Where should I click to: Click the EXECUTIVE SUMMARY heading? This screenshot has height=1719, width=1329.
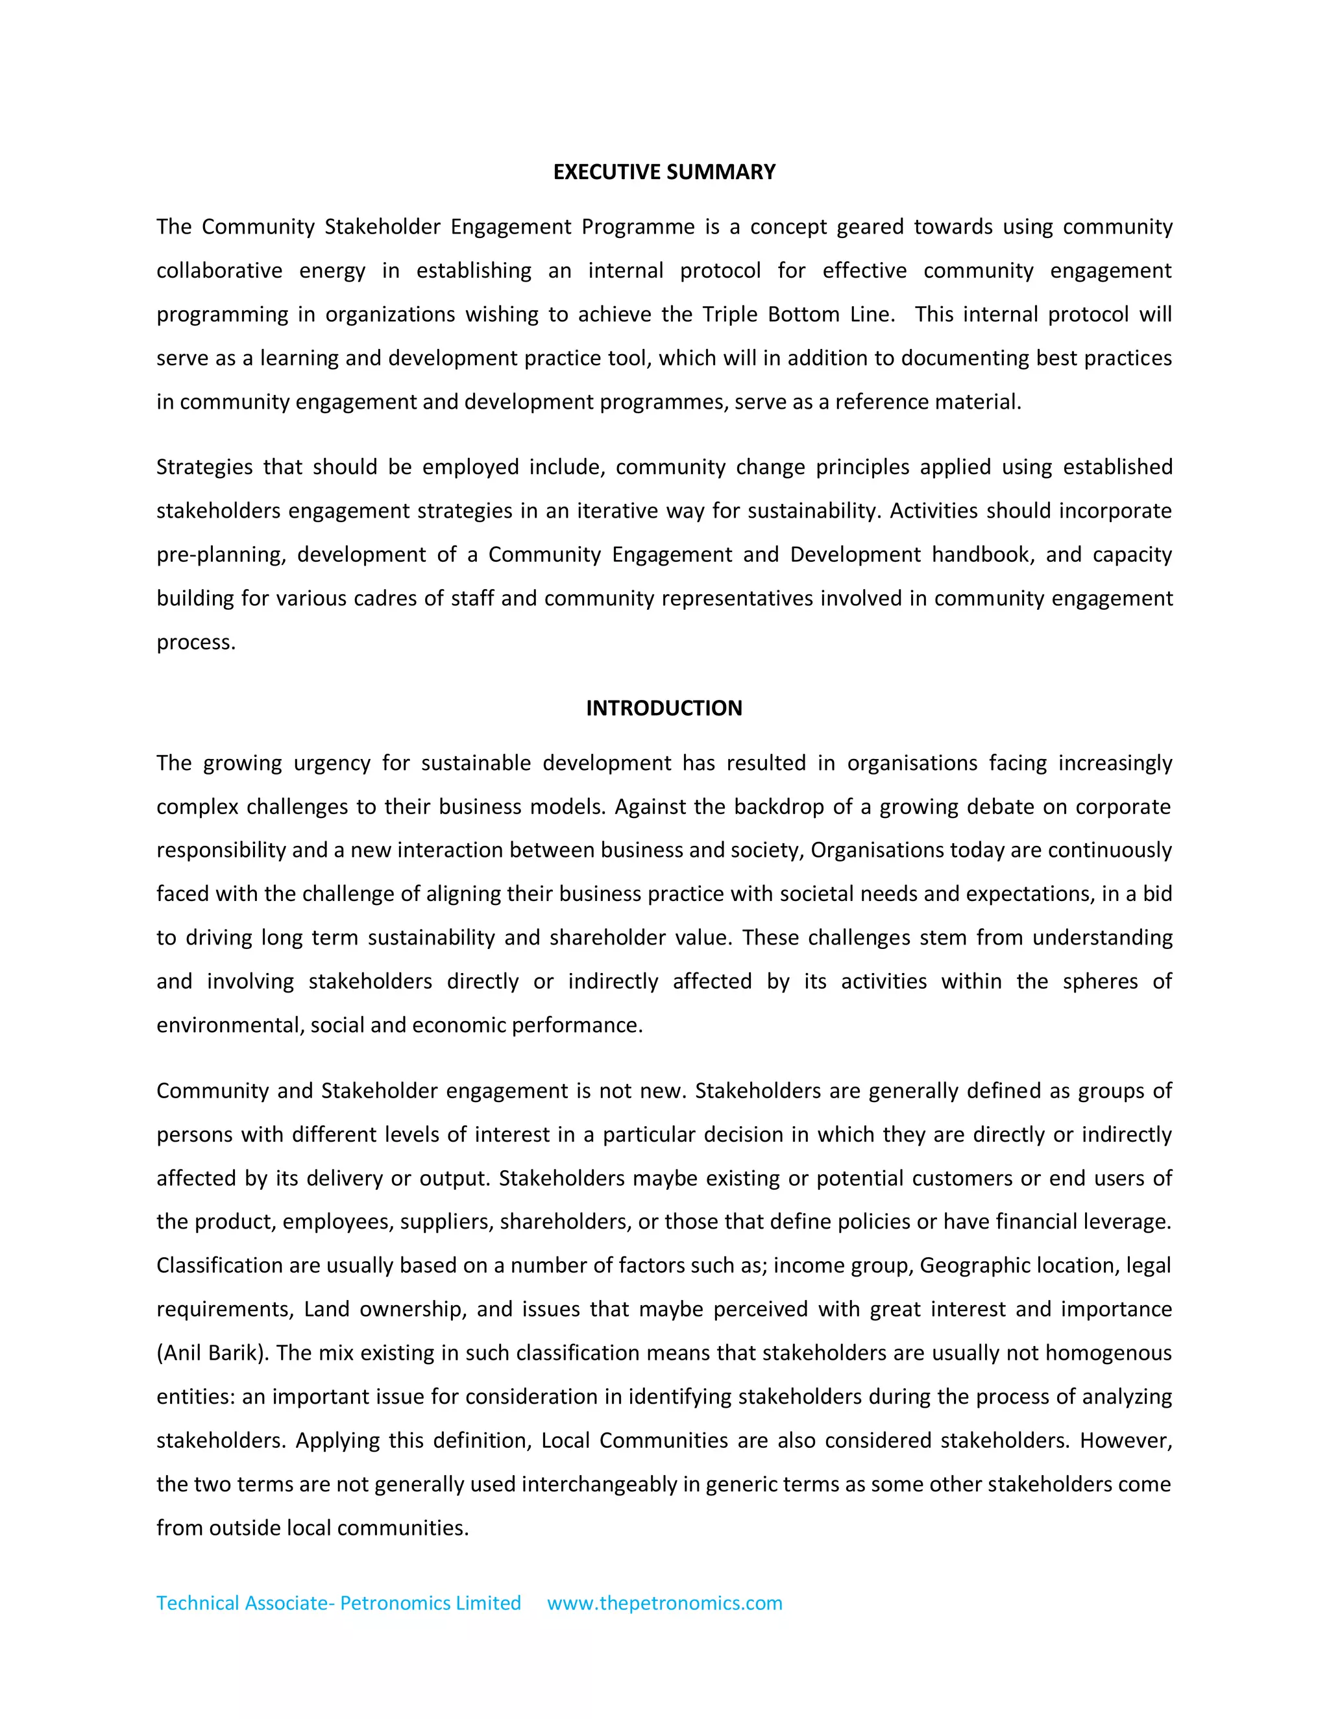(664, 173)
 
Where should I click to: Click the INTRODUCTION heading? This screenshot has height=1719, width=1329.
(664, 708)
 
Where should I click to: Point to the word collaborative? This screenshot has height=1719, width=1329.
(219, 270)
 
